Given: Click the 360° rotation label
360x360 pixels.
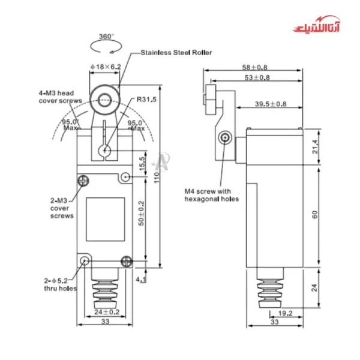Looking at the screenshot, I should coord(106,37).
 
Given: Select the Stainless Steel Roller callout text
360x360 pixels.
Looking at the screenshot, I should coord(175,53).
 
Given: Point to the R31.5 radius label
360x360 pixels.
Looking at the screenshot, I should coord(146,99).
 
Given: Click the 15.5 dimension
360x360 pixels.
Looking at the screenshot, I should coord(142,163).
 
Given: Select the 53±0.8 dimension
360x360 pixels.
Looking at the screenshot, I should coord(256,79).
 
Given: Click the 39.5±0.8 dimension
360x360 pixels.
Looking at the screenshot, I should coord(270,104).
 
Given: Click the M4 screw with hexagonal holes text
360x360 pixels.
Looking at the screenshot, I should coord(211,195).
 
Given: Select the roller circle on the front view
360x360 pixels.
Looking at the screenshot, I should coord(106,98).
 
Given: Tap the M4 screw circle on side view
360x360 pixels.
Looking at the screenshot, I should coord(226,137).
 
